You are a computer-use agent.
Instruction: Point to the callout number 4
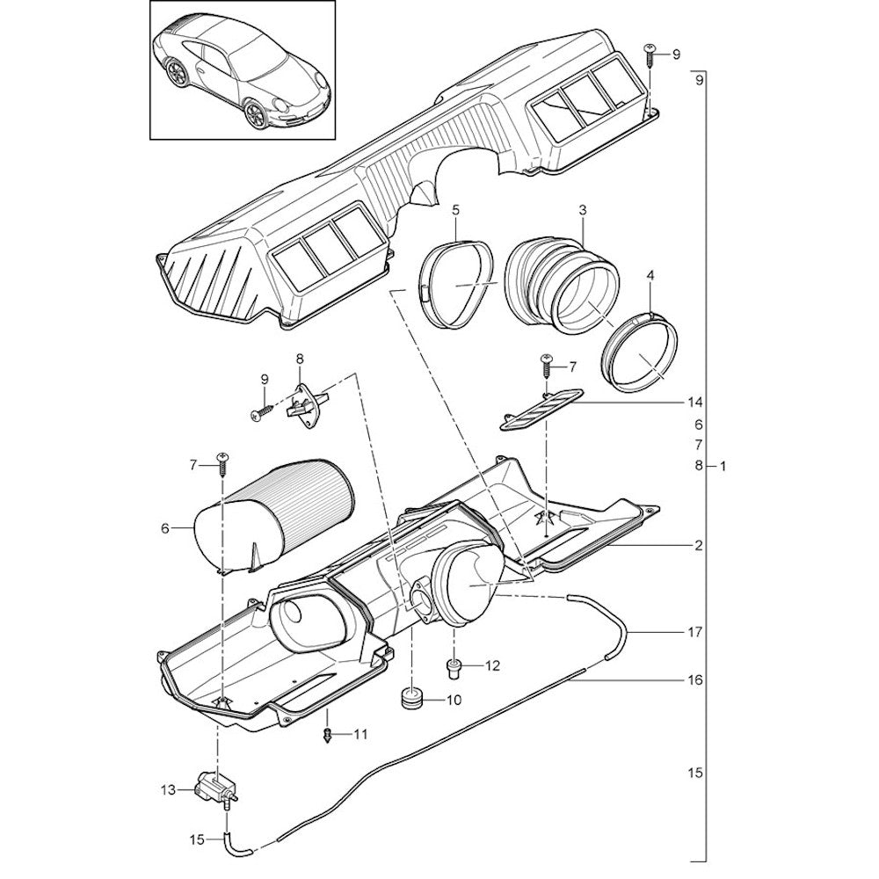tap(650, 275)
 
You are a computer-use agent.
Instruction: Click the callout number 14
tap(696, 402)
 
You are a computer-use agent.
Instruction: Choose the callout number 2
tap(697, 546)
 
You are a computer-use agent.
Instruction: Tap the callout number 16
tap(697, 679)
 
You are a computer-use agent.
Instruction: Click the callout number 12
tap(491, 665)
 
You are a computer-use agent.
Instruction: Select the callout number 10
tap(454, 701)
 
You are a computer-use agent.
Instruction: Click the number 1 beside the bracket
tap(723, 466)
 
